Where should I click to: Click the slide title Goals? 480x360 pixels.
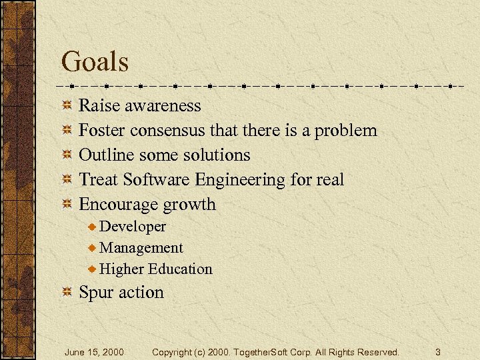pyautogui.click(x=95, y=62)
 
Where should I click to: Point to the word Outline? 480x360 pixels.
pyautogui.click(x=106, y=155)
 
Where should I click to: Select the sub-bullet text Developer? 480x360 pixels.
pyautogui.click(x=133, y=227)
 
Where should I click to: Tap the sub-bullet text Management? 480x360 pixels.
pyautogui.click(x=141, y=248)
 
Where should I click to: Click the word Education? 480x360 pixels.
pyautogui.click(x=180, y=269)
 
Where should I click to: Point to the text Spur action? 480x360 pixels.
pyautogui.click(x=121, y=293)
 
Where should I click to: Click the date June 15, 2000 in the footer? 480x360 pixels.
pyautogui.click(x=94, y=351)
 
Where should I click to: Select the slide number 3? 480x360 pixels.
pyautogui.click(x=438, y=351)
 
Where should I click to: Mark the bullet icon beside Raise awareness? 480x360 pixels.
pyautogui.click(x=67, y=106)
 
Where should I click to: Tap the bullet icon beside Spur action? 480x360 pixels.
pyautogui.click(x=67, y=293)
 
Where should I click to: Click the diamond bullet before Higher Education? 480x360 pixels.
pyautogui.click(x=93, y=269)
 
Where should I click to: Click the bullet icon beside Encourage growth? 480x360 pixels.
pyautogui.click(x=67, y=205)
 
